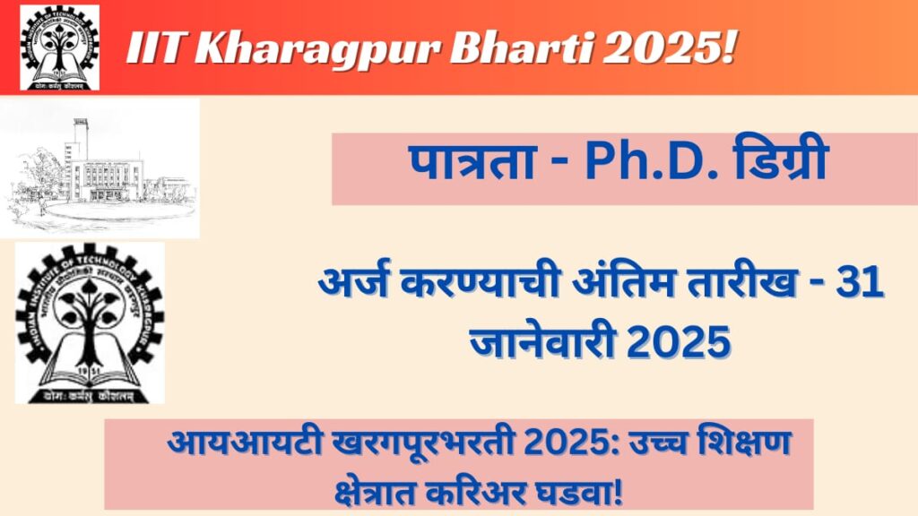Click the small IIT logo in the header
60,47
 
